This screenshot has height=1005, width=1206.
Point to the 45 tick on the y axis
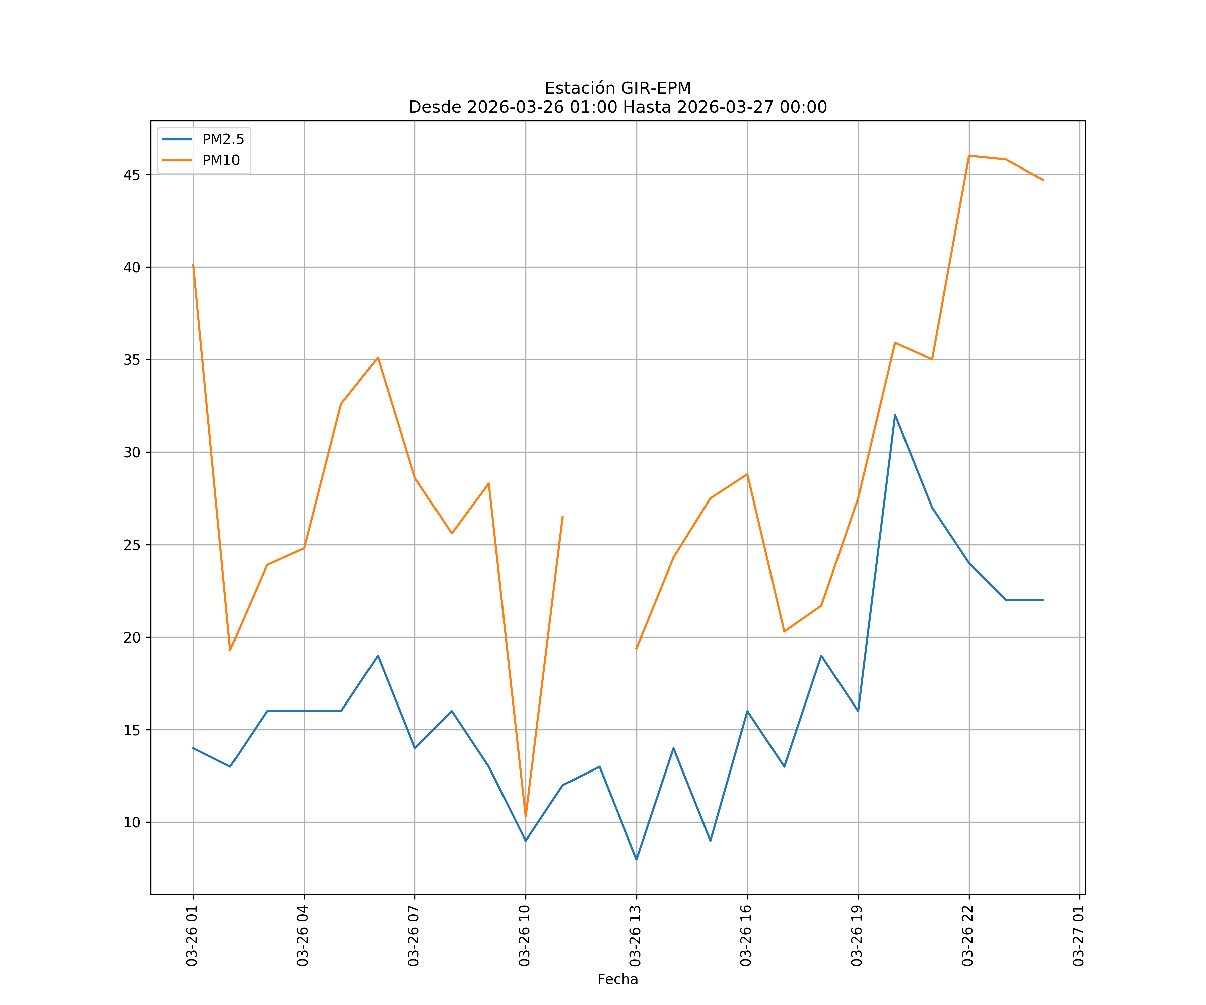tap(132, 175)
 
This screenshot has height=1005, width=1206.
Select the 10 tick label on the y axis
tap(132, 822)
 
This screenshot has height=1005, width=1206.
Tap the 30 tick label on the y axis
tap(132, 453)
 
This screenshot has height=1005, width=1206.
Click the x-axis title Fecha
tap(617, 979)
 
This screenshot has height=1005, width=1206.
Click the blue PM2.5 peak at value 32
tap(895, 415)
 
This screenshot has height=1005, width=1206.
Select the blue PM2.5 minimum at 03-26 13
tap(636, 859)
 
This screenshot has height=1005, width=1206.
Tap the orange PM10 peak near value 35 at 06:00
tap(378, 358)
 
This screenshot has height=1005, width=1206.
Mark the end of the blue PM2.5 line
tap(1043, 600)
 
